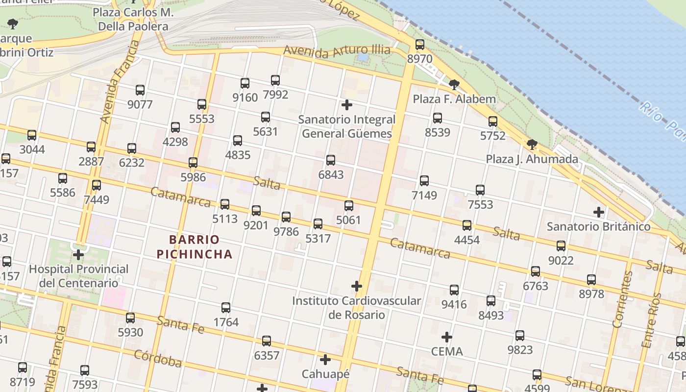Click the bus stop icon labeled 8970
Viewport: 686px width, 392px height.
pos(420,45)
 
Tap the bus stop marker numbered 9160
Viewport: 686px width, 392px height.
pos(245,83)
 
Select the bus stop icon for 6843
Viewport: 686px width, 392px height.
pos(331,160)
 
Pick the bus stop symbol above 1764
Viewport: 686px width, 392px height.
pos(226,308)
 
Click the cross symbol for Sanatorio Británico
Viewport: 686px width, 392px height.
pos(598,212)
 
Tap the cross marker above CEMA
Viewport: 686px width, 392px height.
pos(446,337)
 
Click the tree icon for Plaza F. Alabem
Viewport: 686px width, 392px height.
pos(454,84)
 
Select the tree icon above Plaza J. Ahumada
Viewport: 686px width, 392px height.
pos(532,145)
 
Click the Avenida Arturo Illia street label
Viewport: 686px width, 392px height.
pos(337,51)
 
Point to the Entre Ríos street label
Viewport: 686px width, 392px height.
pos(651,320)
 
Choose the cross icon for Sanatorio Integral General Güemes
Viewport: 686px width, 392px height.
pos(347,105)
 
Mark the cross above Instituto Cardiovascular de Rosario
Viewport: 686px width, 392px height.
pos(357,286)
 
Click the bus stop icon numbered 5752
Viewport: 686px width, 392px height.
pos(493,122)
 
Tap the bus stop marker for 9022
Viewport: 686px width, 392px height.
pos(561,246)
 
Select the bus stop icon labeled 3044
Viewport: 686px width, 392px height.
pos(32,135)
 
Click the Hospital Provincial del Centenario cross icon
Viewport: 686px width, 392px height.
pos(78,255)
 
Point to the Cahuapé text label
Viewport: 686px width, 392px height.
pos(325,374)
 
